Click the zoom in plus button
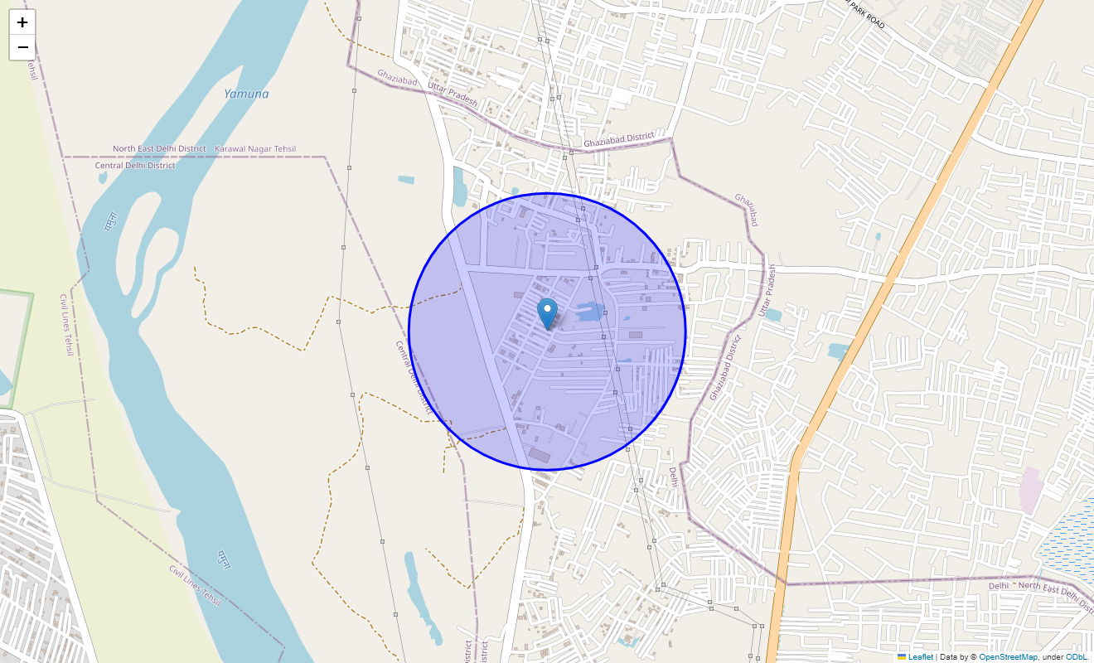click(22, 22)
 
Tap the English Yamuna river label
click(246, 94)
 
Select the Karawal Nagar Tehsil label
click(255, 149)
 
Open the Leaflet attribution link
click(920, 657)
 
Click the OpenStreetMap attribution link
click(1008, 657)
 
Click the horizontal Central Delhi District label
click(135, 166)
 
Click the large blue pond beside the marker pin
click(590, 312)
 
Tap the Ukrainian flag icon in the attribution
click(902, 657)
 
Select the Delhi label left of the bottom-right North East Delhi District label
click(999, 586)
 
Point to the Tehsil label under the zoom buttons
click(32, 70)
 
